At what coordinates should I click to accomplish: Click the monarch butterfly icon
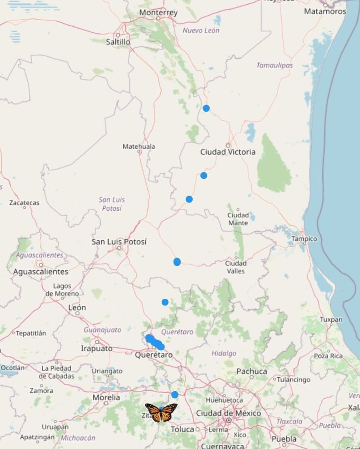(161, 412)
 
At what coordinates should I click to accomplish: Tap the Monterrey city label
(158, 13)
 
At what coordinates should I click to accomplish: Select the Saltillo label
(118, 42)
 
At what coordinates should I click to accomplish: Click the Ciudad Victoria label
(228, 152)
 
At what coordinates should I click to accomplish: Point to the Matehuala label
(139, 146)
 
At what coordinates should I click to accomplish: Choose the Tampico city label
(304, 239)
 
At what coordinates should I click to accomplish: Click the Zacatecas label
(24, 203)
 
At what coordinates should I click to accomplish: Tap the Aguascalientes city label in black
(40, 272)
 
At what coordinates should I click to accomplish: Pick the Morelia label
(106, 397)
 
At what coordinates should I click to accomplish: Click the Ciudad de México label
(228, 413)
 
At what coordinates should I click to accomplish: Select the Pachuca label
(252, 371)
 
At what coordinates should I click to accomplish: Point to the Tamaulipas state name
(274, 65)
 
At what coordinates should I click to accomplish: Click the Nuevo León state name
(201, 30)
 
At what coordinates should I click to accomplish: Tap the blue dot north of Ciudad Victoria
(206, 108)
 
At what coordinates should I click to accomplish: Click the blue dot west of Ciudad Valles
(177, 262)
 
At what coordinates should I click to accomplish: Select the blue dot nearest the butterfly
(175, 395)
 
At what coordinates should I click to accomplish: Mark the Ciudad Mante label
(238, 219)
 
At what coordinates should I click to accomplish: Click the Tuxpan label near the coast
(331, 320)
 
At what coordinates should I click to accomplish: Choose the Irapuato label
(97, 349)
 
